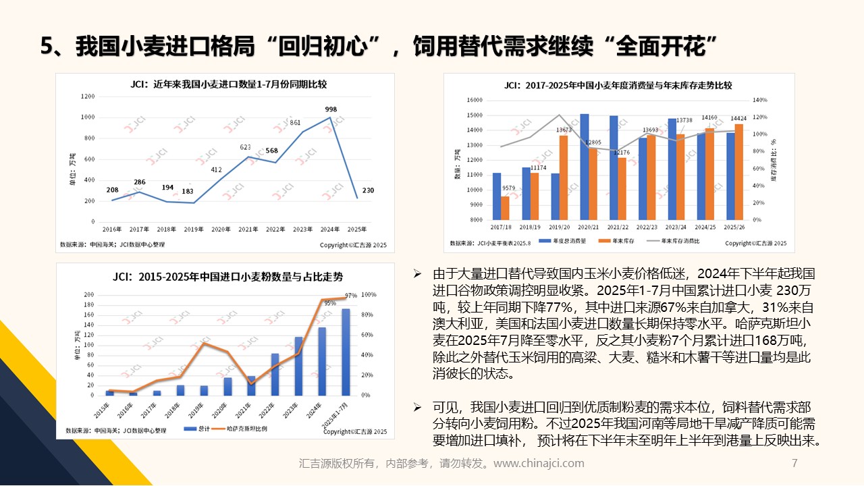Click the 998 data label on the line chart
tap(331, 109)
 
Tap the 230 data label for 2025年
tap(368, 191)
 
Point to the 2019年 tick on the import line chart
tap(194, 230)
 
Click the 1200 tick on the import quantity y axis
tap(88, 97)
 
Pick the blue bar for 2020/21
tap(585, 166)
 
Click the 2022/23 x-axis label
tap(647, 227)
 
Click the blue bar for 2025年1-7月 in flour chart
tap(346, 352)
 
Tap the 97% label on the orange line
tap(350, 296)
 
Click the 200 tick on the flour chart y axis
tap(90, 295)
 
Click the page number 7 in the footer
tap(794, 464)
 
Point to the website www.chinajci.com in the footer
tap(539, 464)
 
